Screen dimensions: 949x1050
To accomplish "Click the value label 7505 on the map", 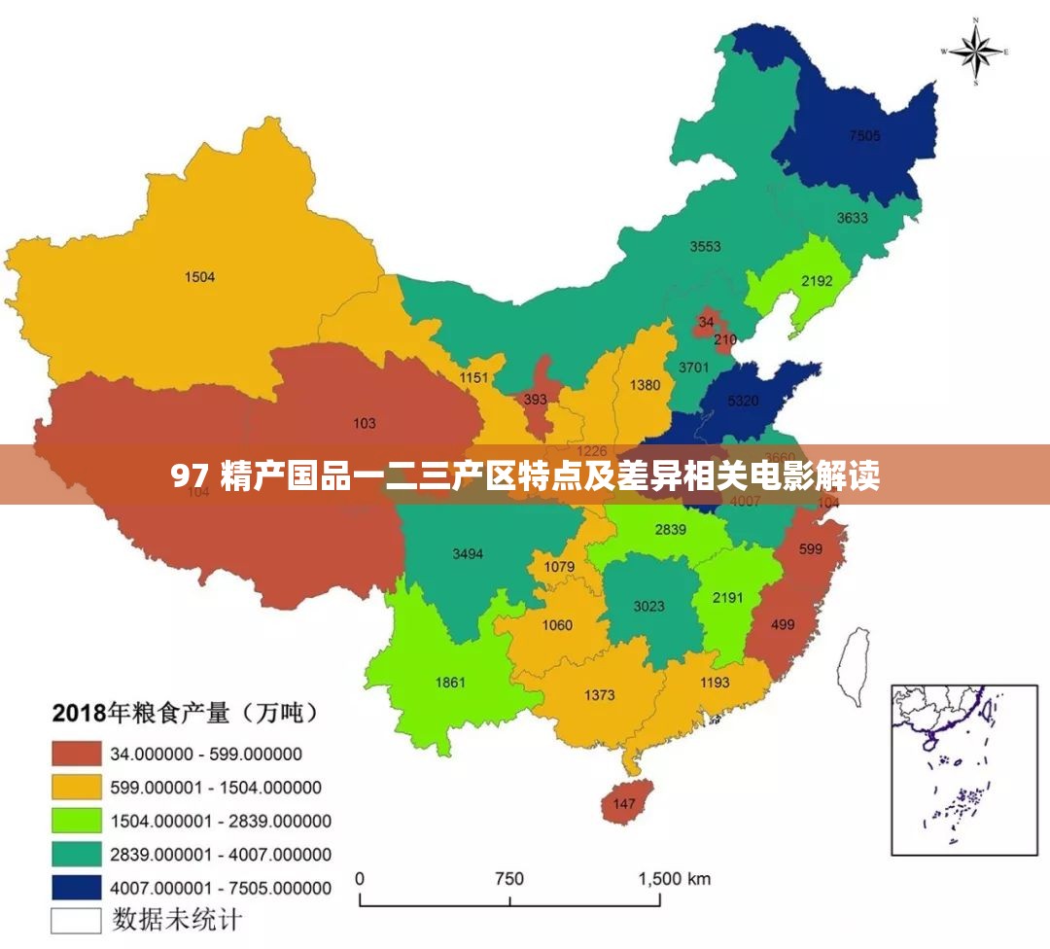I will [x=863, y=136].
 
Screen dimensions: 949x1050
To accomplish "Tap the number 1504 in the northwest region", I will [x=199, y=277].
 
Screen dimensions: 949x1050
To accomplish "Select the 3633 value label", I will [x=853, y=218].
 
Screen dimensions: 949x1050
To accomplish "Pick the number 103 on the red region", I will [x=365, y=423].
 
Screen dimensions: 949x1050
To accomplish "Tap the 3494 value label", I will [x=468, y=554].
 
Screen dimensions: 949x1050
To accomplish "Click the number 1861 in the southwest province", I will [x=450, y=683].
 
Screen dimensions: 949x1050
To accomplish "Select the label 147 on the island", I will [x=623, y=804].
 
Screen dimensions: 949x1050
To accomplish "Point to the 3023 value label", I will [x=648, y=606].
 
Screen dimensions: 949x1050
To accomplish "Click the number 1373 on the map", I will [x=600, y=695].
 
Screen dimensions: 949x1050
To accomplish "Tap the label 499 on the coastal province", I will [x=782, y=624].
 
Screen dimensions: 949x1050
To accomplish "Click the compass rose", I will [x=975, y=51].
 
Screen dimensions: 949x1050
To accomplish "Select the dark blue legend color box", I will [x=77, y=887].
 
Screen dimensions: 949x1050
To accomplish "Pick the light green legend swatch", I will [x=77, y=821].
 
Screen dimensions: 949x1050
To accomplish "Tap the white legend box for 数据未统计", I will [x=77, y=919].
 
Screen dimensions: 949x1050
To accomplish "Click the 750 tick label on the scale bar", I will [x=508, y=879].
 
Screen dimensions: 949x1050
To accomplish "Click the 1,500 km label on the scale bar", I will [x=674, y=879].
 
